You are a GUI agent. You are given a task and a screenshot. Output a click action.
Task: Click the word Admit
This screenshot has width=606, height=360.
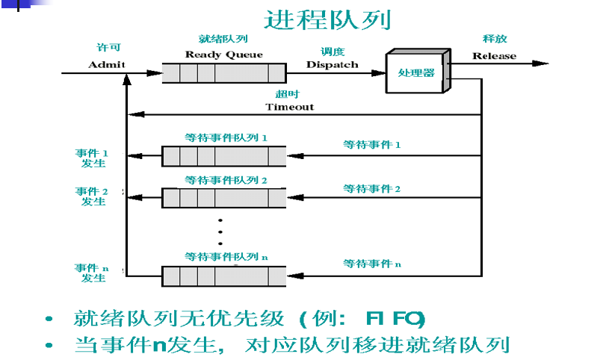pos(106,64)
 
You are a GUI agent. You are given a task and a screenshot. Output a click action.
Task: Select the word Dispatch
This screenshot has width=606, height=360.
pos(332,64)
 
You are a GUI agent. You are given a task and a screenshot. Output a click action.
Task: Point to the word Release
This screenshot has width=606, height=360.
pos(494,56)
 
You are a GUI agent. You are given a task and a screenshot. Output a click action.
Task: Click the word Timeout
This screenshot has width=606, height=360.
pos(289,107)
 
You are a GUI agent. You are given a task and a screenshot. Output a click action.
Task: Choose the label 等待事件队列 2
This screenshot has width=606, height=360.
pos(226,180)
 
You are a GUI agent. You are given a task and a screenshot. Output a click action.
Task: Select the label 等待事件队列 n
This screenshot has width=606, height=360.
pos(226,256)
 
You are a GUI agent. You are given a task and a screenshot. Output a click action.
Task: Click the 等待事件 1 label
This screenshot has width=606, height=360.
pos(372,145)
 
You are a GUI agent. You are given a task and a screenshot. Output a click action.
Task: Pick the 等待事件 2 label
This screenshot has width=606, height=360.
pos(372,189)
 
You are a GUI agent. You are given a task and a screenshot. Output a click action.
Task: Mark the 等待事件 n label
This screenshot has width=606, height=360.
pos(372,264)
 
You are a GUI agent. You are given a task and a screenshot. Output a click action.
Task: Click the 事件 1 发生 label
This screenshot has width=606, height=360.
pos(93,158)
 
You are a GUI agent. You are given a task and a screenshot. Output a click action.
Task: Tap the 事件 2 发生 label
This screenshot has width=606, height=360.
pos(93,197)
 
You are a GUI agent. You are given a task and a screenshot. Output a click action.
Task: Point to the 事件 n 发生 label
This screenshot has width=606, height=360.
pos(93,273)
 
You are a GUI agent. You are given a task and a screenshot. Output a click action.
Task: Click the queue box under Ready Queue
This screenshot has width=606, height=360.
pos(224,73)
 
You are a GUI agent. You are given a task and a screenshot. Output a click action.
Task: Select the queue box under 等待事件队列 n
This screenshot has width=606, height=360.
pos(224,276)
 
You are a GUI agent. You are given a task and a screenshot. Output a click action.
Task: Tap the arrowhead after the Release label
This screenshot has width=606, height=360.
pos(542,63)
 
